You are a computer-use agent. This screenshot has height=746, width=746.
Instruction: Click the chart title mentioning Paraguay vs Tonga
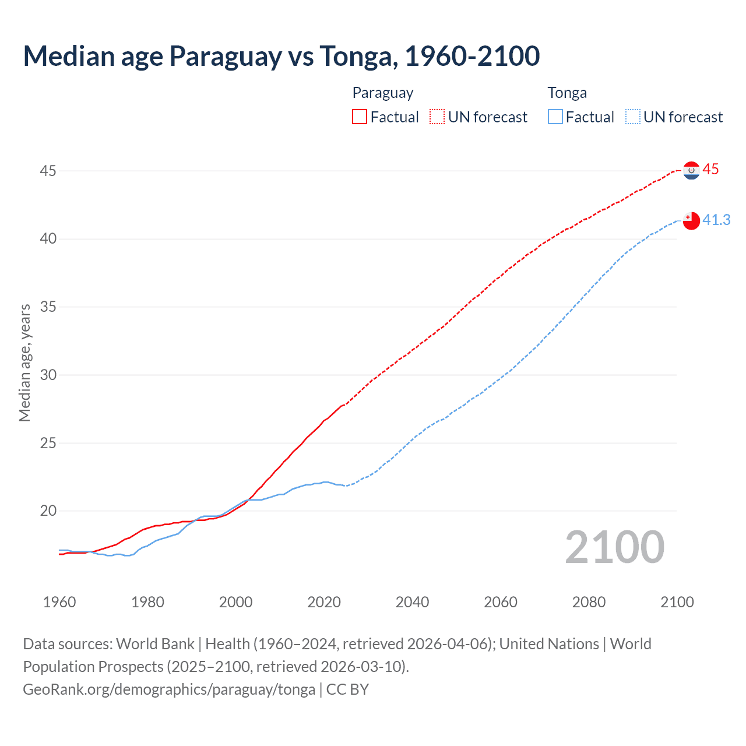[x=281, y=56]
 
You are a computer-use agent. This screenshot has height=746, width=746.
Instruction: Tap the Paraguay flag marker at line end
[x=691, y=170]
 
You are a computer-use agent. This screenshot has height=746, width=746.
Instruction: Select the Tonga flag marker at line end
[x=691, y=221]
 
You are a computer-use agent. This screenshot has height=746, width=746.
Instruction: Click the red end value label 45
[x=710, y=170]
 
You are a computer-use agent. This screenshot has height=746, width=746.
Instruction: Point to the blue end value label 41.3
[x=716, y=220]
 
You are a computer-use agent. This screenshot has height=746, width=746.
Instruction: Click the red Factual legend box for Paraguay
[x=360, y=117]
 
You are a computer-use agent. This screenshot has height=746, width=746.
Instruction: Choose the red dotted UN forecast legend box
[x=437, y=117]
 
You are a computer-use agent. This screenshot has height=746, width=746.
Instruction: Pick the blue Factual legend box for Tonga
[x=555, y=117]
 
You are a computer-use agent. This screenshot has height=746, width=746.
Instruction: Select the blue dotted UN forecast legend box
[x=632, y=117]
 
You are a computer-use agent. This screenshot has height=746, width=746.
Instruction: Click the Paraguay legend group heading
[x=383, y=93]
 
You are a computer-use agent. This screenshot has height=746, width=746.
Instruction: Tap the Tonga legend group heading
[x=567, y=93]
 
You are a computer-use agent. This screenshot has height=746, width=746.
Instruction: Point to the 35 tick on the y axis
[x=48, y=307]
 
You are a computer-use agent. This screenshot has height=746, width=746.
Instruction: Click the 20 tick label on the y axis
[x=48, y=511]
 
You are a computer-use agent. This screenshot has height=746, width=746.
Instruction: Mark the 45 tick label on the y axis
[x=48, y=171]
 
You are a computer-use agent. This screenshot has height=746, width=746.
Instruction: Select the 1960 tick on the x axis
[x=59, y=602]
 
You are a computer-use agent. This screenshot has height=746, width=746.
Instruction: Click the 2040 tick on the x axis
[x=412, y=602]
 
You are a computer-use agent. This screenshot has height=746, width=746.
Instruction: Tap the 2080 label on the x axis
[x=589, y=602]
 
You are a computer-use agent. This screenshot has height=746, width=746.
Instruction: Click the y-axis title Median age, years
[x=24, y=363]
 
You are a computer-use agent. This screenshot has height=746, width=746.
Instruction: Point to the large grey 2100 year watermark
[x=614, y=547]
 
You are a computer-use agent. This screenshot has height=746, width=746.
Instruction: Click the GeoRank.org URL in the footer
[x=169, y=689]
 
